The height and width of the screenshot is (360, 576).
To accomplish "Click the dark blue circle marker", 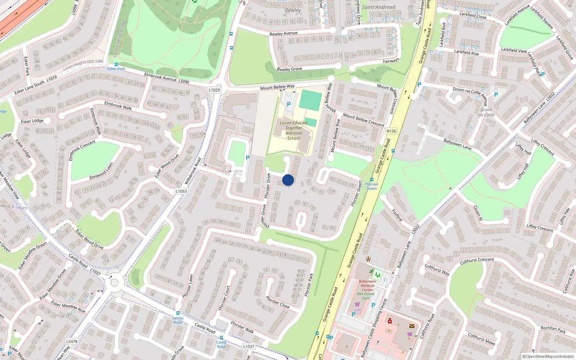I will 288,180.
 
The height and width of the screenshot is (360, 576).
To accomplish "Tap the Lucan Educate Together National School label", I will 294,130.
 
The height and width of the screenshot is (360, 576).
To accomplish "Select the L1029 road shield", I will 214,90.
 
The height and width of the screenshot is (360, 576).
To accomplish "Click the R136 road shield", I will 391,131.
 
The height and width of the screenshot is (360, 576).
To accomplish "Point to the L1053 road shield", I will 181,191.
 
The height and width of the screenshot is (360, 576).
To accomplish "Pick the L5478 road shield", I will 72,341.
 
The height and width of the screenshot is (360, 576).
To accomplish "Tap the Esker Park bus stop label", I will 116,69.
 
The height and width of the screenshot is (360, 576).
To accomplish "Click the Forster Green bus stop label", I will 372,186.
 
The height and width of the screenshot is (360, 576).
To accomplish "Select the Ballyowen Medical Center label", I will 368,285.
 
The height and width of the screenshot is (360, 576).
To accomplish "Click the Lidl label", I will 357,310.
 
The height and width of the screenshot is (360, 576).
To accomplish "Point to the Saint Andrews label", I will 379,7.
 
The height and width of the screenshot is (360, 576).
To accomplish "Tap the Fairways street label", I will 391,61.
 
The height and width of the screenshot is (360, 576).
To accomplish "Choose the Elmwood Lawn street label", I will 102,172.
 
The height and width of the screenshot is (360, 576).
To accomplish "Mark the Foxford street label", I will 397,215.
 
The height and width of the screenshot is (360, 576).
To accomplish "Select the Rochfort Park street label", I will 553,329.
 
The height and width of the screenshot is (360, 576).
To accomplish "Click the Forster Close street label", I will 278,302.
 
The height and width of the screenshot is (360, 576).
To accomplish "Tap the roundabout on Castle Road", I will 114,282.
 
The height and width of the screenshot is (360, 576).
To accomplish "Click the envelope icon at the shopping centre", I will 412,326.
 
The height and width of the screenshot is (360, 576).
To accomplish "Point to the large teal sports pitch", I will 310,100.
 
